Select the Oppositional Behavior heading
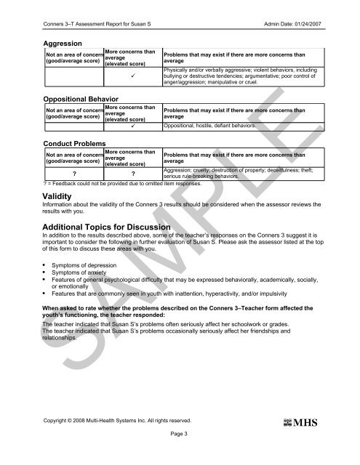tap(79, 97)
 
